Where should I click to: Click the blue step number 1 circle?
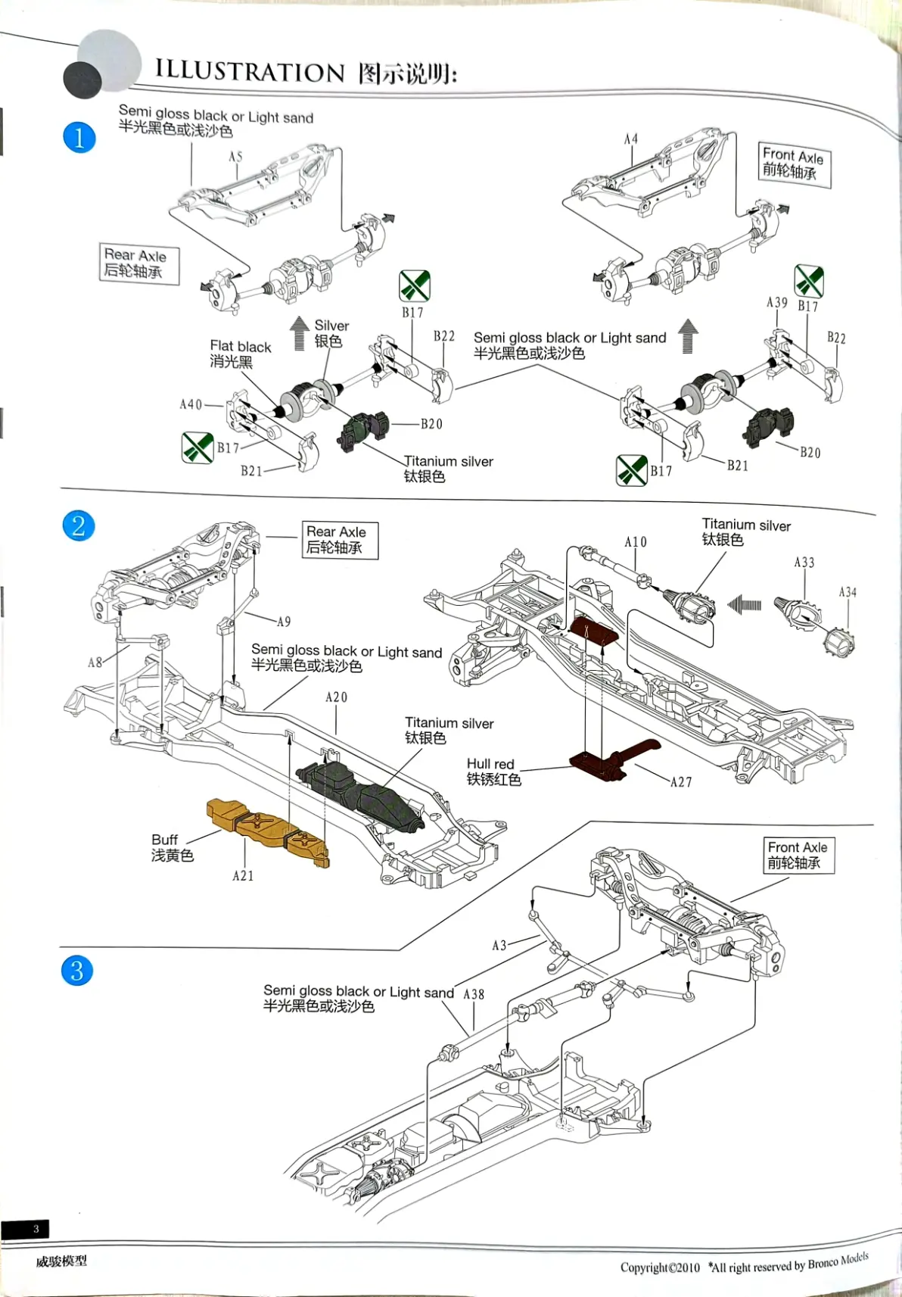pyautogui.click(x=79, y=138)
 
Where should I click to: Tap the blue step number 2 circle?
pyautogui.click(x=79, y=525)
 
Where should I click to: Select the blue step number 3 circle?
pyautogui.click(x=77, y=971)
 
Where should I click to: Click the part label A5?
pyautogui.click(x=236, y=157)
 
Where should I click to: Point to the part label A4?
pyautogui.click(x=630, y=139)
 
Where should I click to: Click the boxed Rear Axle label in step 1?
pyautogui.click(x=139, y=263)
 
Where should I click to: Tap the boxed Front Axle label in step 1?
pyautogui.click(x=793, y=164)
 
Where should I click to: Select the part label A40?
pyautogui.click(x=191, y=405)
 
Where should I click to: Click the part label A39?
pyautogui.click(x=777, y=303)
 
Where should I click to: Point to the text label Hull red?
pyautogui.click(x=490, y=764)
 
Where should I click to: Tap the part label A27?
pyautogui.click(x=681, y=782)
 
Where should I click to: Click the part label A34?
pyautogui.click(x=848, y=592)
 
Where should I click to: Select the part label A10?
pyautogui.click(x=636, y=542)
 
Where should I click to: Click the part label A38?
pyautogui.click(x=474, y=994)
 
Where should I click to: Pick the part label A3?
pyautogui.click(x=499, y=945)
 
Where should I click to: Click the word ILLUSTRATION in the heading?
pyautogui.click(x=250, y=71)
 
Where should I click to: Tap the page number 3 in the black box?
pyautogui.click(x=35, y=1229)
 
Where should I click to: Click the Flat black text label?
pyautogui.click(x=240, y=347)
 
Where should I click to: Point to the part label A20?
pyautogui.click(x=336, y=697)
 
